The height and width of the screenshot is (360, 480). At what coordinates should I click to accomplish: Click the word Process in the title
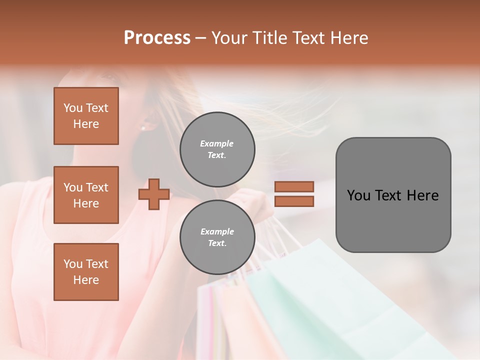pos(157,38)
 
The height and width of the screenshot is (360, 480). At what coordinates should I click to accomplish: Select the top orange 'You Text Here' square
pos(86,116)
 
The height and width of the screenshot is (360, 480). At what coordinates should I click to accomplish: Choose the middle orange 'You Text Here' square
pos(86,195)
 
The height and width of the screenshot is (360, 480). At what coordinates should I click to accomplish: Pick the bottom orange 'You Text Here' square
pos(86,272)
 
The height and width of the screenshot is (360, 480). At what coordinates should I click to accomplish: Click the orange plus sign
pos(154,194)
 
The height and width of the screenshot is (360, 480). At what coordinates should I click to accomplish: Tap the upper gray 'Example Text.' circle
pos(217,149)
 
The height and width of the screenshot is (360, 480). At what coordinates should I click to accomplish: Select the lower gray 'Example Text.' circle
pos(217,237)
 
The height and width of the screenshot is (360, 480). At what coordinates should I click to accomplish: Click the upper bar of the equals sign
pos(294,186)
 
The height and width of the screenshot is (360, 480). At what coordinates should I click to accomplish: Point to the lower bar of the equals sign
pos(294,201)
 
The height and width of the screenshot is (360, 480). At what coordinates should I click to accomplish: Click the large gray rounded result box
pos(393,220)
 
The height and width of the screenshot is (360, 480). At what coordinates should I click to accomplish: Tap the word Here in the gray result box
pos(422,195)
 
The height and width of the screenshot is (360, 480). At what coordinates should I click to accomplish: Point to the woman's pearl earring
pos(143,128)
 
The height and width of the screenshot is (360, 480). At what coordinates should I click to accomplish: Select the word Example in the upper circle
pos(216,143)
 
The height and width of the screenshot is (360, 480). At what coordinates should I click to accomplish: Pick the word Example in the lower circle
pos(216,231)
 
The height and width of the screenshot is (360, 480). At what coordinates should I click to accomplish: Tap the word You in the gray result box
pos(358,195)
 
